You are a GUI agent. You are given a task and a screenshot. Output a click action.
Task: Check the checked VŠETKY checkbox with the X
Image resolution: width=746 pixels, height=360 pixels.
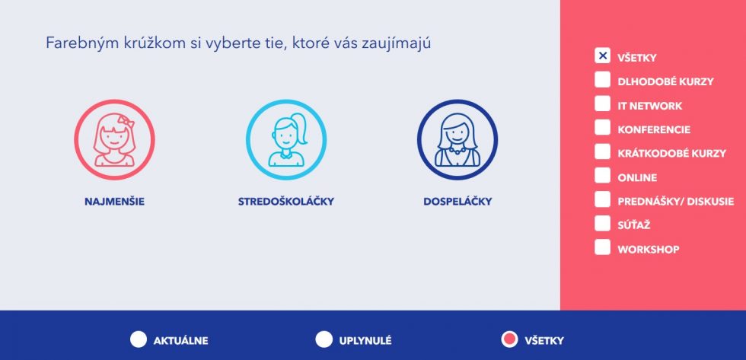click(602, 56)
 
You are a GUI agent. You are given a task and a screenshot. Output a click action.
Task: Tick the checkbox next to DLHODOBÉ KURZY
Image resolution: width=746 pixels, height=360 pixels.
click(602, 80)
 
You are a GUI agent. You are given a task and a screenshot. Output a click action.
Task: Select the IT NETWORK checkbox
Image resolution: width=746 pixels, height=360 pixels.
click(602, 104)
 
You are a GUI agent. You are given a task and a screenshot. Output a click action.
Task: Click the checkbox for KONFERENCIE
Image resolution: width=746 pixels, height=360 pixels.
click(602, 127)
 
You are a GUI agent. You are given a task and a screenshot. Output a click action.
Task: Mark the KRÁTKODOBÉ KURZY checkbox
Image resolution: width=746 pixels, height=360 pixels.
click(602, 151)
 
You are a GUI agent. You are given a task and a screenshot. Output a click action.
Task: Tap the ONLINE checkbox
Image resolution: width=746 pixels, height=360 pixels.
click(602, 176)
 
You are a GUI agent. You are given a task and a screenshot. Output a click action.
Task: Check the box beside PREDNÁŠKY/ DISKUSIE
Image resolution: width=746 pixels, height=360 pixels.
click(602, 199)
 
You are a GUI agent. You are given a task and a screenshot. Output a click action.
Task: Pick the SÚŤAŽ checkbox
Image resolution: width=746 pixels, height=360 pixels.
click(602, 223)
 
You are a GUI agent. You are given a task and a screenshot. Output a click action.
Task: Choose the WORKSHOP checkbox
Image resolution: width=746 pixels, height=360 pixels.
click(602, 247)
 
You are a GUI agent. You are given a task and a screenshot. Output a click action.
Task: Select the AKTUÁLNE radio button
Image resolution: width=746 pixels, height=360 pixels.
click(139, 339)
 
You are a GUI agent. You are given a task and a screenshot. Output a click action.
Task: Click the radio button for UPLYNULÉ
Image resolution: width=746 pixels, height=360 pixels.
click(324, 339)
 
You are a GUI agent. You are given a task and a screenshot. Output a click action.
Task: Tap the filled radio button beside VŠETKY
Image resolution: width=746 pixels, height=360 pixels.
click(509, 339)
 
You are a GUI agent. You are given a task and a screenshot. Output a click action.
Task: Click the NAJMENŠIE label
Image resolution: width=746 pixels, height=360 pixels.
click(115, 202)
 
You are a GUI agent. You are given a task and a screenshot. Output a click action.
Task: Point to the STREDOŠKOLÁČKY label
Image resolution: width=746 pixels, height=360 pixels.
click(286, 202)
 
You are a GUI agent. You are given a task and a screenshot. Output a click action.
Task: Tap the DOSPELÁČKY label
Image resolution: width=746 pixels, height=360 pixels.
click(457, 202)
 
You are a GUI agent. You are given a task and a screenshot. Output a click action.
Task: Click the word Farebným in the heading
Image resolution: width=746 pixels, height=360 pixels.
click(72, 43)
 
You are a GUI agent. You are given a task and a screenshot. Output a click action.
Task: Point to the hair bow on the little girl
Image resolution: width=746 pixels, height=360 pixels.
click(126, 119)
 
